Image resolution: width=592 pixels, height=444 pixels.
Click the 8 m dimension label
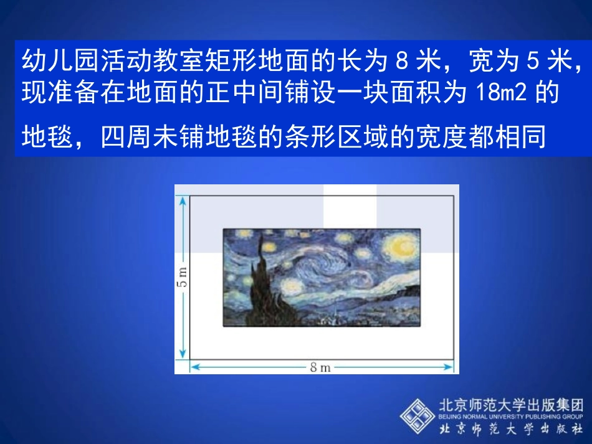point(320,367)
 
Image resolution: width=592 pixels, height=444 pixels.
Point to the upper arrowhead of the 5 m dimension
point(182,200)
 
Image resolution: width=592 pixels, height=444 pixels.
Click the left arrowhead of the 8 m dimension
point(194,367)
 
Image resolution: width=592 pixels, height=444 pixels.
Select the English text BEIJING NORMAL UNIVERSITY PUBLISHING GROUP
point(511,416)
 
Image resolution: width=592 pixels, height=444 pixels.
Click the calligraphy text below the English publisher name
point(511,429)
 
